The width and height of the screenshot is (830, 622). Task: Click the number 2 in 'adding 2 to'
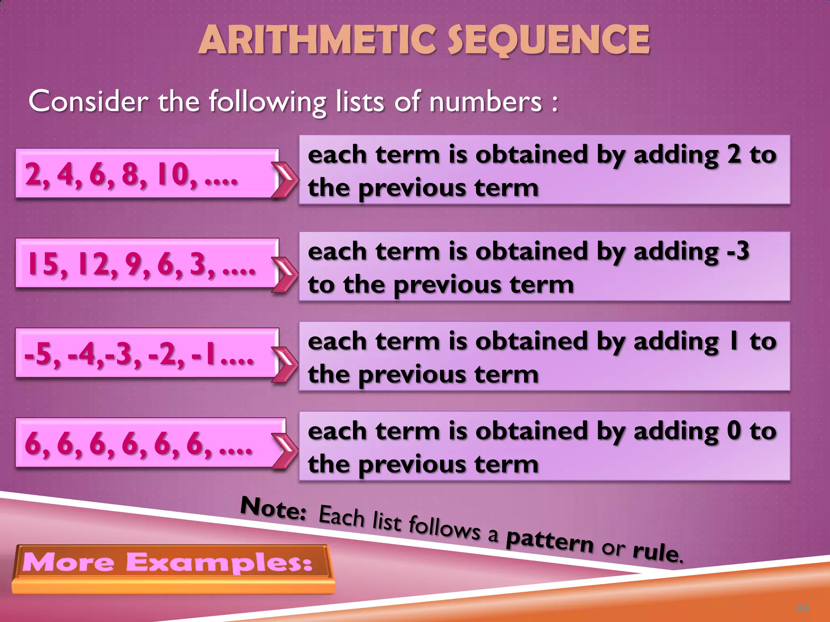(x=734, y=155)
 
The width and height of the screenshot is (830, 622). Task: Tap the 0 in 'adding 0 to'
(x=734, y=430)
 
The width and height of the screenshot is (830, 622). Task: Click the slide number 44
(x=802, y=608)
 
